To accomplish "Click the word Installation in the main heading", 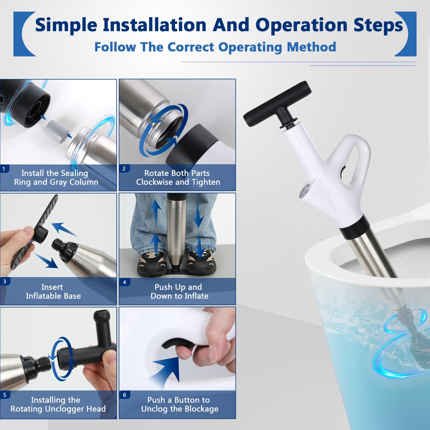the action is tap(155, 25).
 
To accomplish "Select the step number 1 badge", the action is tap(4, 169).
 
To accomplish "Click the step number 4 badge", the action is tap(124, 282).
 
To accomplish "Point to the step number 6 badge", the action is tap(124, 395).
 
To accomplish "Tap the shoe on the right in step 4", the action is tap(201, 262).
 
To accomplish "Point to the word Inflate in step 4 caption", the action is tap(196, 296).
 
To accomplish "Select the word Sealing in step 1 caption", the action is tap(73, 173).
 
